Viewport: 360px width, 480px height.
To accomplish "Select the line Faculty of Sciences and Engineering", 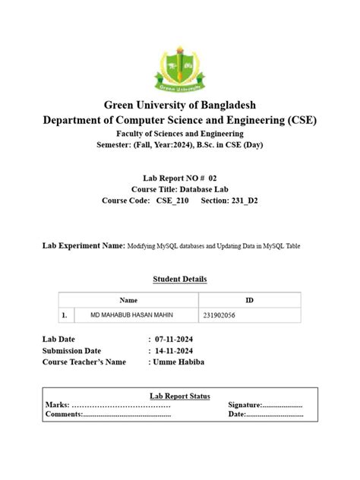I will pyautogui.click(x=180, y=133).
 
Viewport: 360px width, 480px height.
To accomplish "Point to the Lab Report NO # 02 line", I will pyautogui.click(x=180, y=176).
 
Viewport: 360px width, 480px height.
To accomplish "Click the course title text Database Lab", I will pyautogui.click(x=203, y=188).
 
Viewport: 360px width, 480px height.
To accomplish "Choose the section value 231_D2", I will pyautogui.click(x=241, y=201).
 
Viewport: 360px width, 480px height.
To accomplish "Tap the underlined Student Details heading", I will pyautogui.click(x=180, y=279).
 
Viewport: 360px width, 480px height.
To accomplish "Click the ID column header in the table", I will pyautogui.click(x=250, y=300).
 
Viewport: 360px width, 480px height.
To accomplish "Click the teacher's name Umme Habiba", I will pyautogui.click(x=179, y=362).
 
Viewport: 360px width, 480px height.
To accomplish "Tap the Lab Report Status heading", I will pyautogui.click(x=180, y=396).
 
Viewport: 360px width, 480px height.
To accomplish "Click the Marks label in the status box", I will pyautogui.click(x=58, y=406).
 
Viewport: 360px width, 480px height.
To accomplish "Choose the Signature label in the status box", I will pyautogui.click(x=245, y=406).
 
